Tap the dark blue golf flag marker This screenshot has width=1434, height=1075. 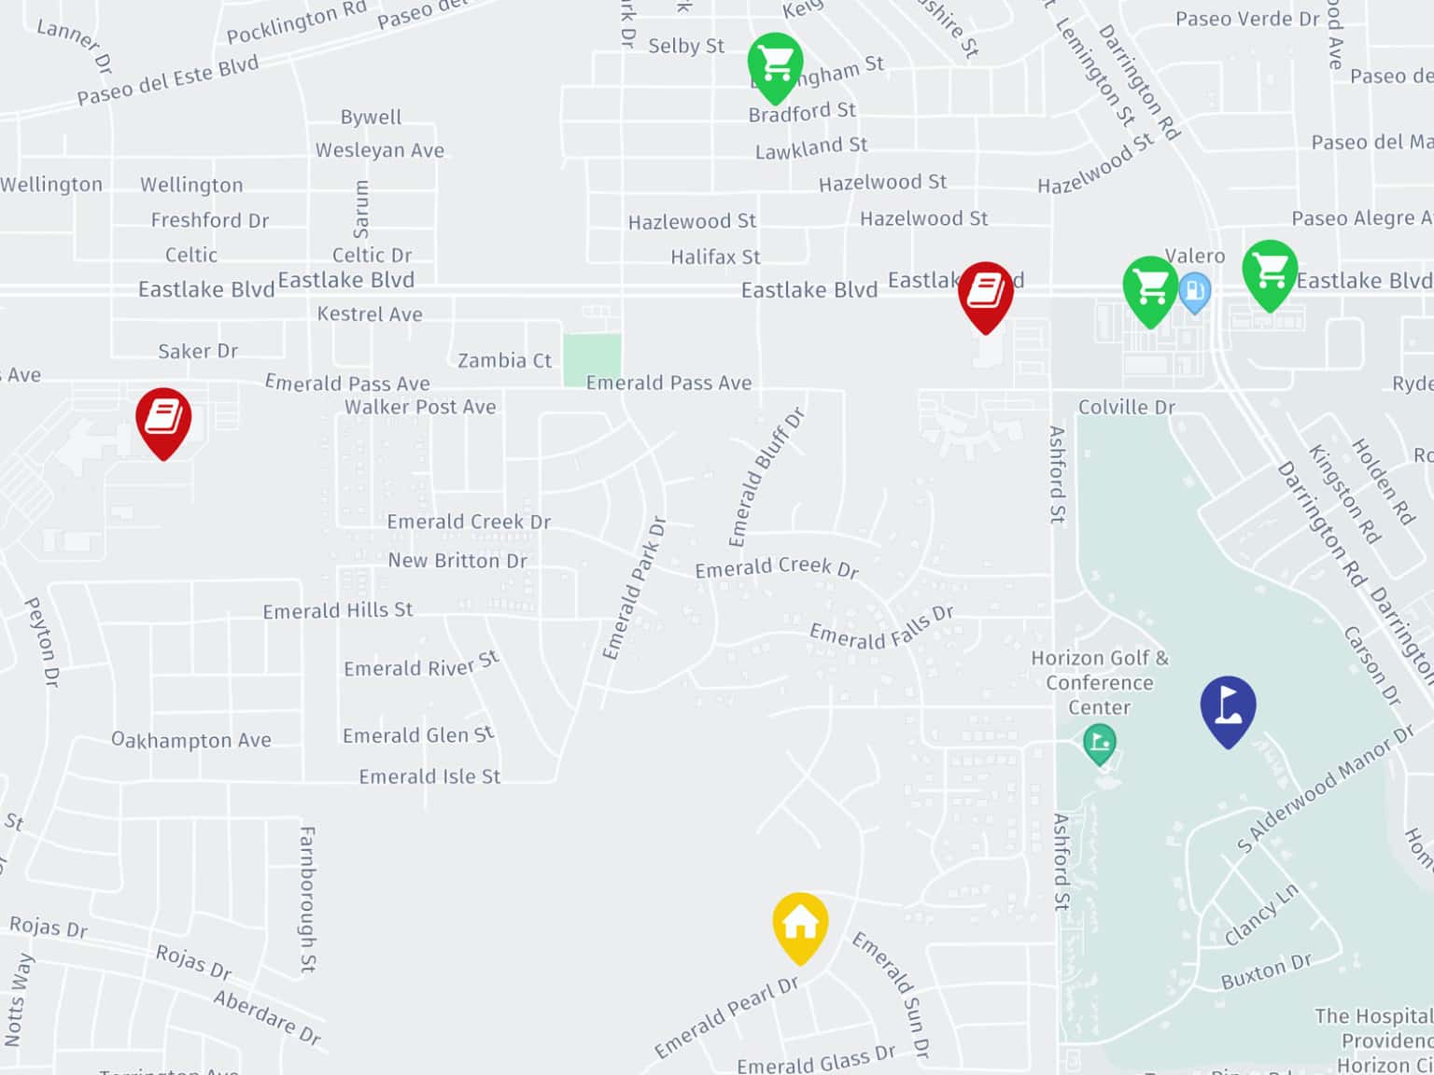(1228, 708)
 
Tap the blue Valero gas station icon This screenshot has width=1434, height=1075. (1194, 291)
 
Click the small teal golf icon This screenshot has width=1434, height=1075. (1099, 744)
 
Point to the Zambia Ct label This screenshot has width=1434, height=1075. (504, 360)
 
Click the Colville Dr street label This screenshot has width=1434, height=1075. (1126, 407)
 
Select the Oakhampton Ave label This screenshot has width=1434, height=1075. (191, 740)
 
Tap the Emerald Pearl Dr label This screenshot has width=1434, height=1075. (726, 1017)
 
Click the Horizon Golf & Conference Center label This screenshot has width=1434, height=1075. (1099, 682)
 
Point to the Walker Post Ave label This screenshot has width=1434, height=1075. (420, 407)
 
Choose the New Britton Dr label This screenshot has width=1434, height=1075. (457, 560)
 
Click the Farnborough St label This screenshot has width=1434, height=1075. (307, 899)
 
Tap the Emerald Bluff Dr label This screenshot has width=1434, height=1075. (766, 477)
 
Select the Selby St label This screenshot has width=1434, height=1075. (686, 46)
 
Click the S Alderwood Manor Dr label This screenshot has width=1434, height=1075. (1325, 789)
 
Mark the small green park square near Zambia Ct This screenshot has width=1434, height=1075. (592, 359)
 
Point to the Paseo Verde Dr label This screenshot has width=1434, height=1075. (1247, 19)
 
